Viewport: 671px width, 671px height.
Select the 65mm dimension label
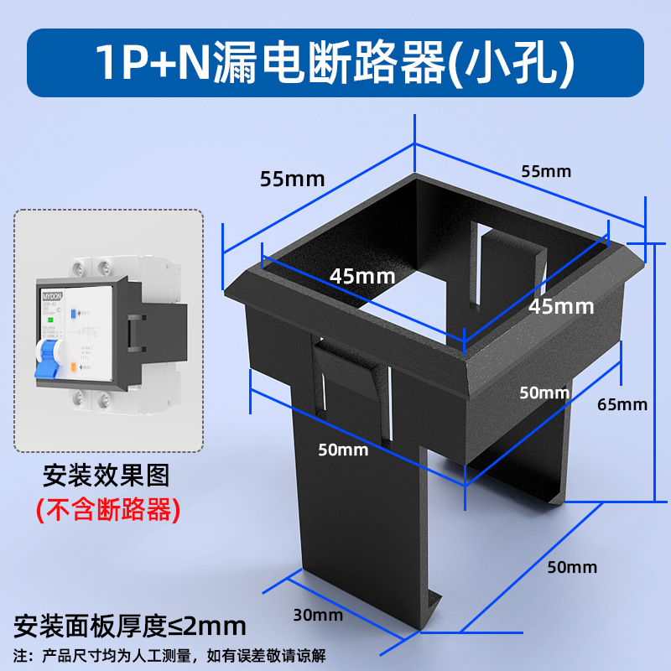pyautogui.click(x=622, y=404)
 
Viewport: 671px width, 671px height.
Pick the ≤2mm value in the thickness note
pyautogui.click(x=208, y=626)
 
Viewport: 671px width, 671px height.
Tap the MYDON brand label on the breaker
pyautogui.click(x=53, y=295)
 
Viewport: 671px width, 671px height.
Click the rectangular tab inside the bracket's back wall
pyautogui.click(x=508, y=268)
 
